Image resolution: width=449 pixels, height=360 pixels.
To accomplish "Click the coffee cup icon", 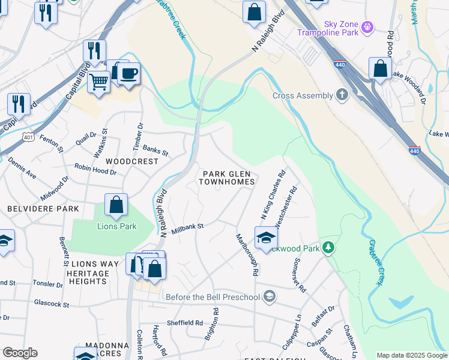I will coord(128,74).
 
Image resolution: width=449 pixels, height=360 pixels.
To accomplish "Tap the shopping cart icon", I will coord(99,81).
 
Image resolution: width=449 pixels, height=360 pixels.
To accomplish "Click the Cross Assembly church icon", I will coord(342,95).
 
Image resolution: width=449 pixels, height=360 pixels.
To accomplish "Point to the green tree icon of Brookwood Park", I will coord(328,247).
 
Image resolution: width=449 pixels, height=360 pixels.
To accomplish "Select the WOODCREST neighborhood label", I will coord(132,161).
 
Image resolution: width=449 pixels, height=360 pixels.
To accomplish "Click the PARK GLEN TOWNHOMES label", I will coord(228,177).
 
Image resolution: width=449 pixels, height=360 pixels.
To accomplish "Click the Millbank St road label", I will coord(188,229).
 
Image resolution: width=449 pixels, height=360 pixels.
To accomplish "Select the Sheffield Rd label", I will coord(185,322).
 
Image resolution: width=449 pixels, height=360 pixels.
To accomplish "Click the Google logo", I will coord(20,353).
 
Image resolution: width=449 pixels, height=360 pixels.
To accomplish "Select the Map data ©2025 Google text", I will coord(412,355).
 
